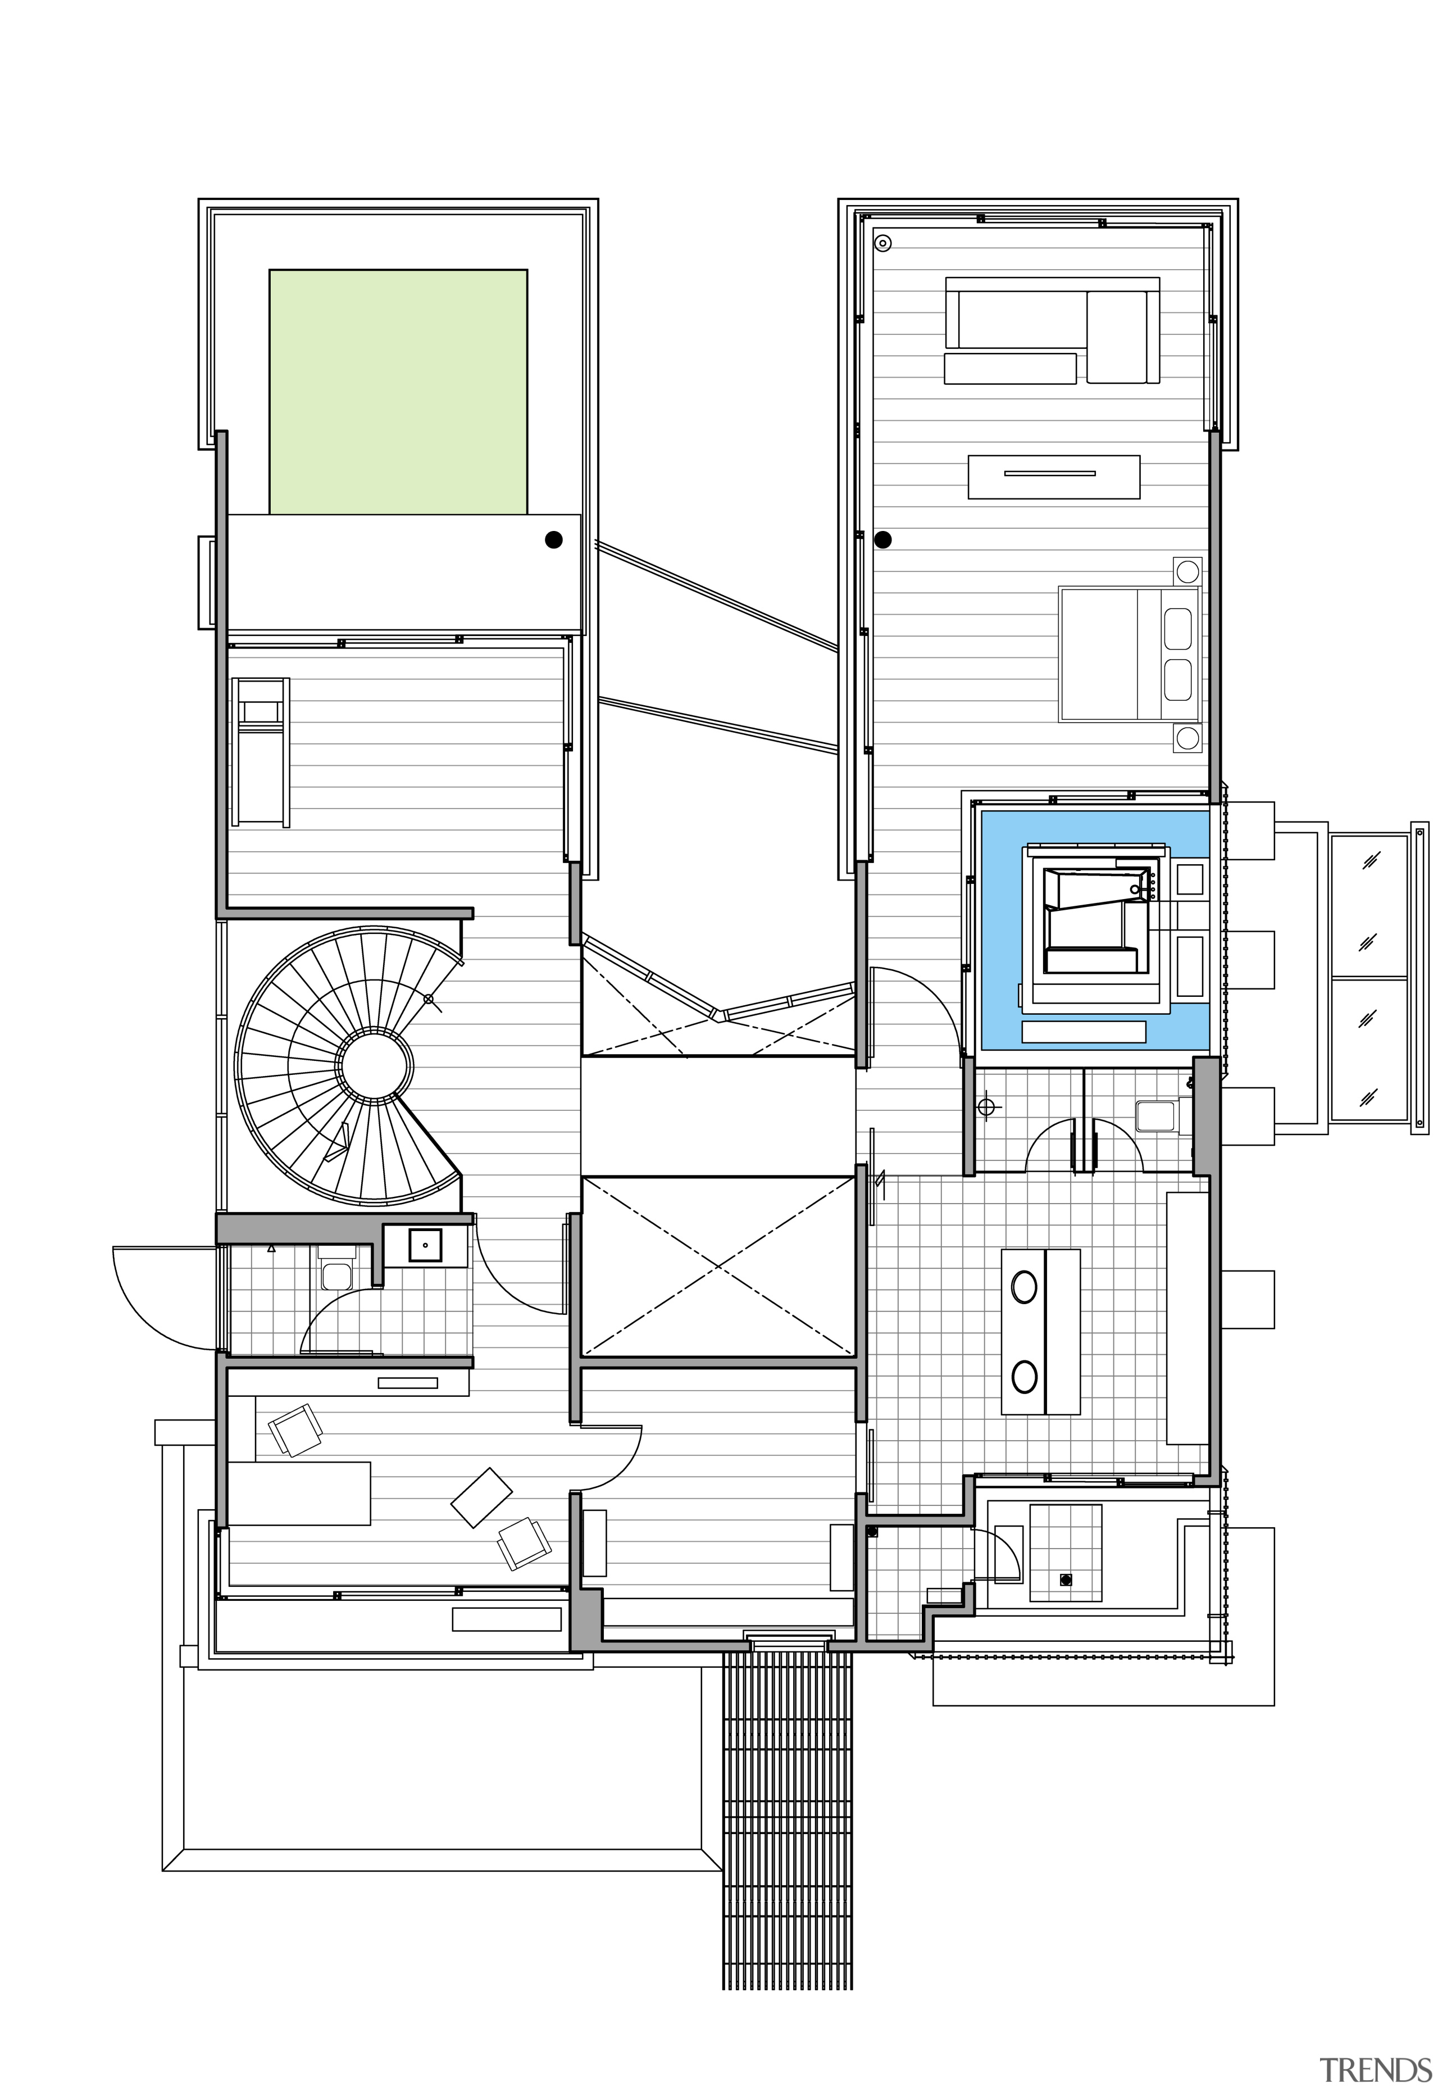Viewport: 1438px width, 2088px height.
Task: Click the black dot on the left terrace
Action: coord(553,540)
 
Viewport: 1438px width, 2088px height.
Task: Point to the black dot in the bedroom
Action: coord(883,540)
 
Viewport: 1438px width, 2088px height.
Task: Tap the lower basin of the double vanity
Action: coord(1023,1377)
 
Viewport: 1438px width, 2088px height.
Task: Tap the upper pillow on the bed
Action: coord(1177,627)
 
